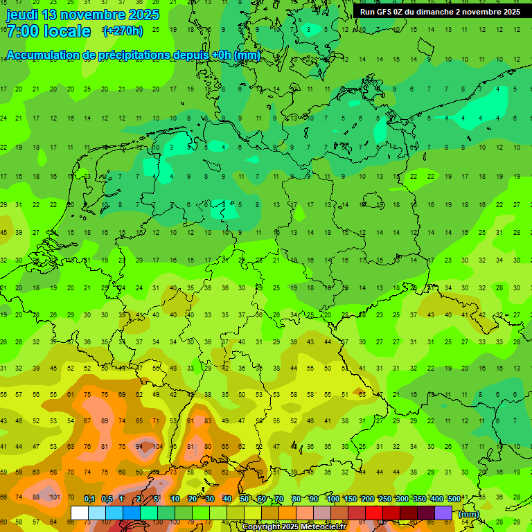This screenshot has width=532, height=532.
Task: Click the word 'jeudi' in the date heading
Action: (x=24, y=15)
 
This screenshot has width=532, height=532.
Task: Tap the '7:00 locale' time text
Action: (x=48, y=31)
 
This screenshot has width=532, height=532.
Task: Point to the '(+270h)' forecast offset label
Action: (x=123, y=31)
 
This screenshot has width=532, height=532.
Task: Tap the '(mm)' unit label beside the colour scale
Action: (x=469, y=514)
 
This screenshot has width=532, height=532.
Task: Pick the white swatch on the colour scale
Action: (x=80, y=513)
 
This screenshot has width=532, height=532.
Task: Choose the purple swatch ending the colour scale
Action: (x=443, y=513)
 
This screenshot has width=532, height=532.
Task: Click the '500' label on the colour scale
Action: (x=454, y=499)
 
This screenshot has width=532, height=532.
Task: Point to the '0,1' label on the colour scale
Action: (x=89, y=499)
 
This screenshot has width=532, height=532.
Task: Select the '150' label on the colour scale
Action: (x=351, y=499)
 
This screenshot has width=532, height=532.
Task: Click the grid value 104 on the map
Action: (x=157, y=447)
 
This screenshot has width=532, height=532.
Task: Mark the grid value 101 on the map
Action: (x=53, y=497)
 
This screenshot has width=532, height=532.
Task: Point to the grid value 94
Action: (x=140, y=447)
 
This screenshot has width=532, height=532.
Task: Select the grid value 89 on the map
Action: (x=105, y=421)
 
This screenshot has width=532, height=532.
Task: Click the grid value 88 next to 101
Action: (x=36, y=497)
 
